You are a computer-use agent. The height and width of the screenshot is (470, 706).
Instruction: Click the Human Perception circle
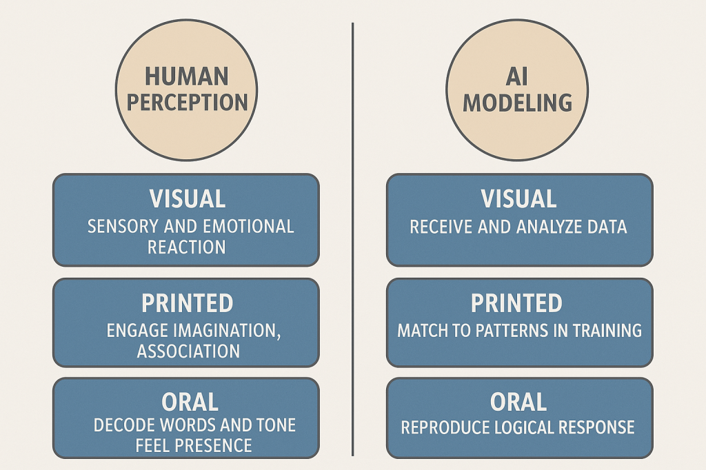click(x=186, y=90)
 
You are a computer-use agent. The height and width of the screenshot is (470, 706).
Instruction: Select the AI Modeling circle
click(x=517, y=90)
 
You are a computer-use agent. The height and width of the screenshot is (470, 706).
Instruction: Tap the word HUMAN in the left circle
click(x=186, y=76)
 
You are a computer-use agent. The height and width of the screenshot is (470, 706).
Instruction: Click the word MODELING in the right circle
click(x=517, y=103)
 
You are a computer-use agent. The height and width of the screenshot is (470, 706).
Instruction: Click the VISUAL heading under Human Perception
click(x=187, y=199)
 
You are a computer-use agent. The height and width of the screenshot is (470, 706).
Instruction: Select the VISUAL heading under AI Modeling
click(x=519, y=199)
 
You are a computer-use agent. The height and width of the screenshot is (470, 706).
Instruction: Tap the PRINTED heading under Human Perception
click(x=187, y=303)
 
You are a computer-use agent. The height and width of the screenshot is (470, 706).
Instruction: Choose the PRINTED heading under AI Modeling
click(x=516, y=303)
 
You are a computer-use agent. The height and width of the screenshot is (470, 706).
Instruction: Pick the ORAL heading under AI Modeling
click(x=518, y=402)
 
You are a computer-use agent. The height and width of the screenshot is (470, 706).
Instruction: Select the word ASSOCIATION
click(x=188, y=351)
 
